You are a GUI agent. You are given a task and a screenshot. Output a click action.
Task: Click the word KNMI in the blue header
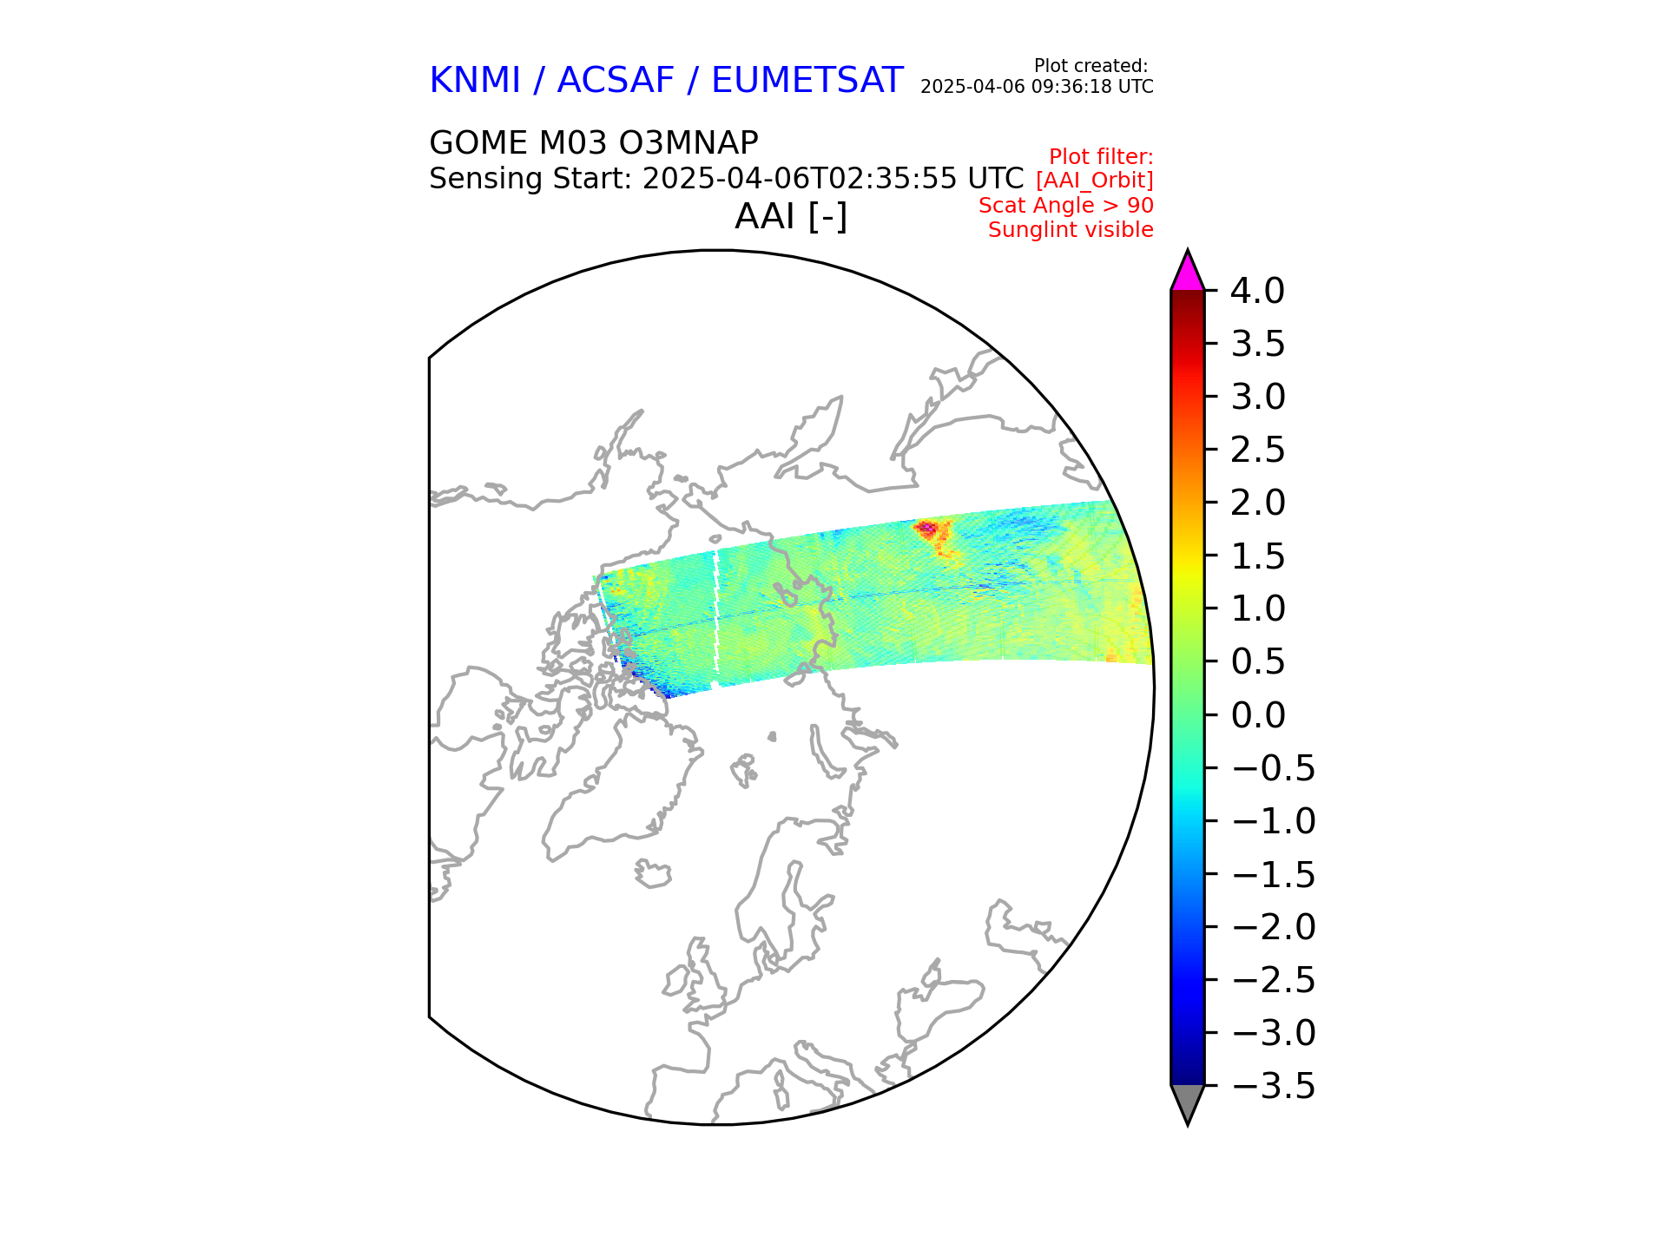[x=474, y=81]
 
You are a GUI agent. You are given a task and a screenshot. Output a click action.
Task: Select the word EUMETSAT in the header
[x=807, y=81]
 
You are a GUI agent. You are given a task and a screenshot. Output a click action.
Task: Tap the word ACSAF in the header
[x=615, y=81]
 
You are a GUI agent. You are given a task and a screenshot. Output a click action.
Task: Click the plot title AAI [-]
[x=790, y=216]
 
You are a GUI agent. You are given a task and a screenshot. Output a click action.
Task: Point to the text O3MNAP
[x=691, y=142]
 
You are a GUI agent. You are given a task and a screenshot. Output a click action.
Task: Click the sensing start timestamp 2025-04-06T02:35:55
[x=797, y=179]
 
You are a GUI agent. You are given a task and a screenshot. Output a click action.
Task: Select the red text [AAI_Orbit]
[x=1094, y=181]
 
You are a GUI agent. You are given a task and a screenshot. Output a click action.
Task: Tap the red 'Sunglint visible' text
[x=1071, y=230]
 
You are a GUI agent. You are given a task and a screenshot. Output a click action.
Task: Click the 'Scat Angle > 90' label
[x=1065, y=206]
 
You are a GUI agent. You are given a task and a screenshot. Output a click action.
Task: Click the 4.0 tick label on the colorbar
[x=1257, y=292]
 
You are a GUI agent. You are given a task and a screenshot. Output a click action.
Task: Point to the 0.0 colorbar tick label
[x=1257, y=715]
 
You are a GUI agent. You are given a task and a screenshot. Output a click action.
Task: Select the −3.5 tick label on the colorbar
[x=1273, y=1086]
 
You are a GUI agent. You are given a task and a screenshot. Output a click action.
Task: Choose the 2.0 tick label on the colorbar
[x=1257, y=503]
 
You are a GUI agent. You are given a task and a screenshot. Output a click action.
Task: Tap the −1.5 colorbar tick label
[x=1273, y=874]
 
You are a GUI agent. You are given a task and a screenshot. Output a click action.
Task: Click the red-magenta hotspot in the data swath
[x=926, y=527]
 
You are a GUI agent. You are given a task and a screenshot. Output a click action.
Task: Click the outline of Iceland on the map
[x=653, y=873]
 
